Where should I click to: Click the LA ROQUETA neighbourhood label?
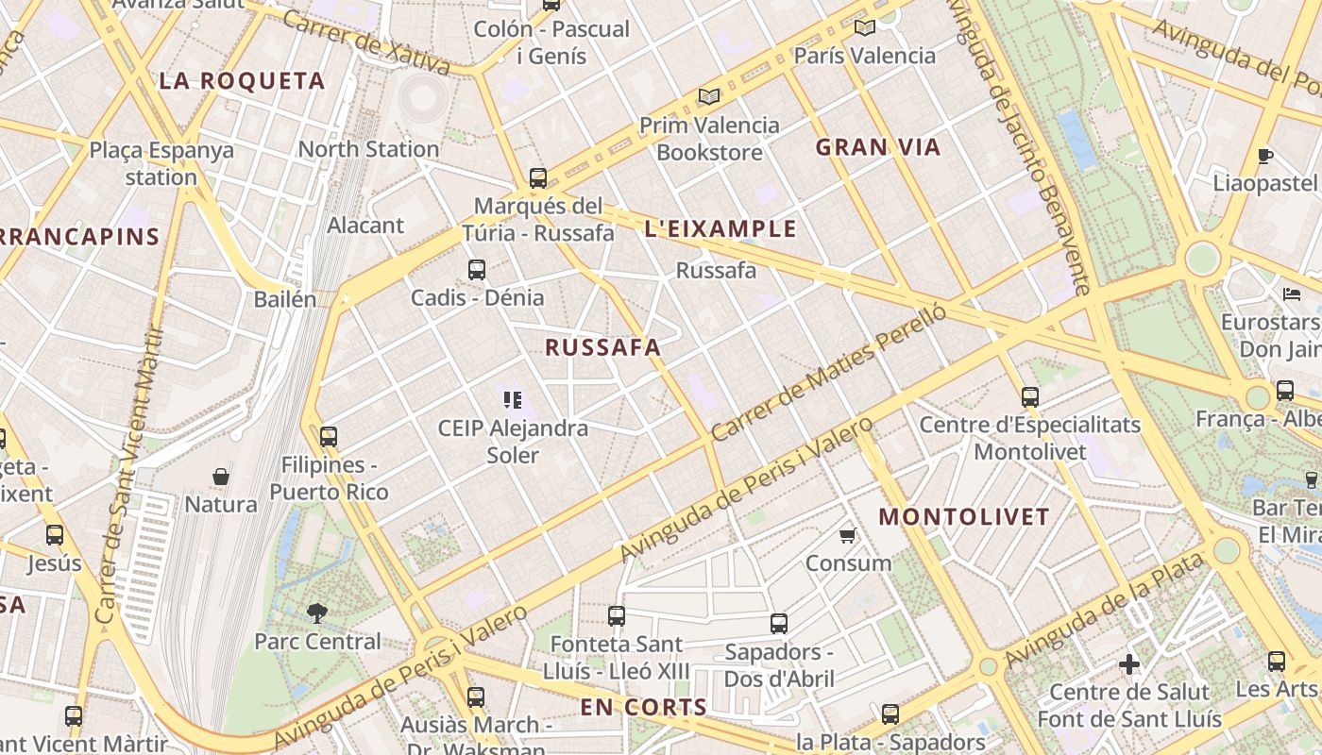(242, 81)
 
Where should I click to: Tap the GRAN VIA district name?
(878, 147)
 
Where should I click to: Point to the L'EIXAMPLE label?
(720, 229)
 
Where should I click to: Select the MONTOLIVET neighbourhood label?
(964, 517)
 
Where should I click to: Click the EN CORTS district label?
(643, 707)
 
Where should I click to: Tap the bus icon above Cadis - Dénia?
(477, 270)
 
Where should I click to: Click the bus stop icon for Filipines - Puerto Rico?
(328, 437)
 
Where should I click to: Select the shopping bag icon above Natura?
(221, 477)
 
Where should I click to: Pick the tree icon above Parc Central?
(317, 613)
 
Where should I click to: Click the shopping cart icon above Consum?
(847, 535)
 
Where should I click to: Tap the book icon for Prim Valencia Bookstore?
(708, 96)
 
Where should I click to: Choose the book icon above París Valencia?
(864, 27)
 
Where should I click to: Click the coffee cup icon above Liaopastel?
(1265, 156)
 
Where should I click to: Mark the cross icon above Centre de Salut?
(1128, 664)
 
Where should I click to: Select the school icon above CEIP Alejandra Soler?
(513, 400)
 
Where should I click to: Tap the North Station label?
(368, 149)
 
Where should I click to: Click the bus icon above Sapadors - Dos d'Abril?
(778, 624)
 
